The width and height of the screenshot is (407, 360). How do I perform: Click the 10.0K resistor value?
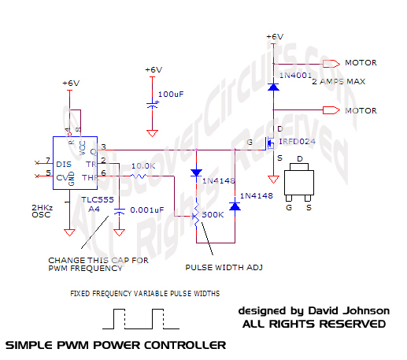pyautogui.click(x=144, y=166)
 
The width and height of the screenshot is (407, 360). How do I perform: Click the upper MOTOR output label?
pyautogui.click(x=361, y=63)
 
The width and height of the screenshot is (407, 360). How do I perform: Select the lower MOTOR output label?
pyautogui.click(x=361, y=111)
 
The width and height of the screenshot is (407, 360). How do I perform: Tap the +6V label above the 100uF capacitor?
pyautogui.click(x=154, y=69)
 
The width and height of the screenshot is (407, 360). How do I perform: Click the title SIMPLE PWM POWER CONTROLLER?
pyautogui.click(x=116, y=345)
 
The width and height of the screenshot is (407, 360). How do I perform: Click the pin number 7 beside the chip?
pyautogui.click(x=48, y=161)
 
